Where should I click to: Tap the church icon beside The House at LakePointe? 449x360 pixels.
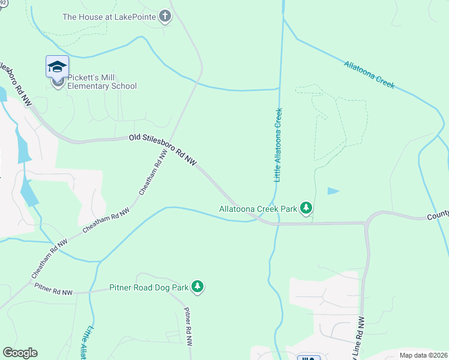(165, 16)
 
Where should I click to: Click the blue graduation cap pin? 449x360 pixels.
(57, 67)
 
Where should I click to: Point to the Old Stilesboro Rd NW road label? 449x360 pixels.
(163, 149)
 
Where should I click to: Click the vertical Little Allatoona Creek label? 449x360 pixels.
(278, 145)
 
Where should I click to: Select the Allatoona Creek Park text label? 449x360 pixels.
(258, 209)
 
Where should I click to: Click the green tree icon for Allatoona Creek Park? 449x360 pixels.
(307, 208)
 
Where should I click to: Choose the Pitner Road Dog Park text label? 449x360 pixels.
(149, 287)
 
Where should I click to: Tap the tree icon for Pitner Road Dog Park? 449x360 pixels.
(197, 287)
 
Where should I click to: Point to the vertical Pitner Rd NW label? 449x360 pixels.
(187, 328)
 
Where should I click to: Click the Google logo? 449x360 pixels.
(20, 353)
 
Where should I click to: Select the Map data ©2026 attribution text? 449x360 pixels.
(423, 355)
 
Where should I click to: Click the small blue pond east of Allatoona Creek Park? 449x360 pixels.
(333, 191)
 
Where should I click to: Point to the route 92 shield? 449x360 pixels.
(4, 2)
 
